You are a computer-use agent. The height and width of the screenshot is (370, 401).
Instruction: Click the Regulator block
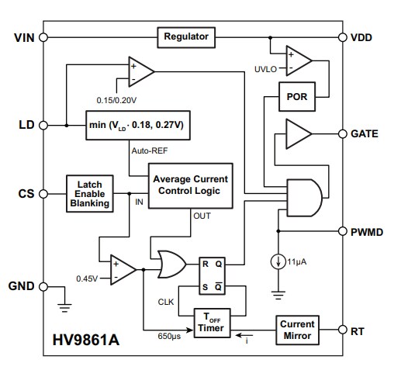(187, 36)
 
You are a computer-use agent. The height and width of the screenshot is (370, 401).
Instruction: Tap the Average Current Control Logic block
(191, 185)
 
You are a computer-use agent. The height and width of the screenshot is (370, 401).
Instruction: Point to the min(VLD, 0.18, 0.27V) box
(139, 123)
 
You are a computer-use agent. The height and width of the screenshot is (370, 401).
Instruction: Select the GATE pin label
(365, 133)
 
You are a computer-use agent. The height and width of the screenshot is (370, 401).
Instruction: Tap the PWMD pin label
(368, 231)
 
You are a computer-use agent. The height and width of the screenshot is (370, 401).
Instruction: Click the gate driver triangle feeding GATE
(296, 134)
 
